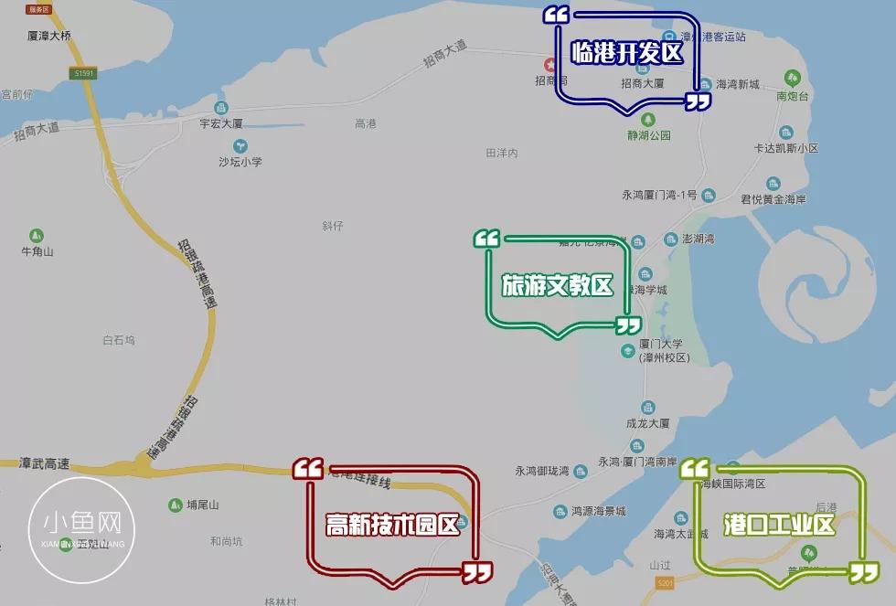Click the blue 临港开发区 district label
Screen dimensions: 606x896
point(627,53)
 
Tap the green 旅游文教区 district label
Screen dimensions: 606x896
point(557,285)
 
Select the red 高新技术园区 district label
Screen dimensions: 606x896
point(392,526)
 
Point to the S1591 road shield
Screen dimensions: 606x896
point(84,73)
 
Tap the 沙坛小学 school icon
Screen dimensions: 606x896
point(240,145)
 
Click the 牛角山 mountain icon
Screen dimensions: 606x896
point(37,235)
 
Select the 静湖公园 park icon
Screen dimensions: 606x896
point(648,120)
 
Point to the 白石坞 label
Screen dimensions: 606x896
point(119,340)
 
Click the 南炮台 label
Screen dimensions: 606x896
point(794,96)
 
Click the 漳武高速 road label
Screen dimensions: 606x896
point(44,463)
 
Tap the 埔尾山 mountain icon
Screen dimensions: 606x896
point(175,505)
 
